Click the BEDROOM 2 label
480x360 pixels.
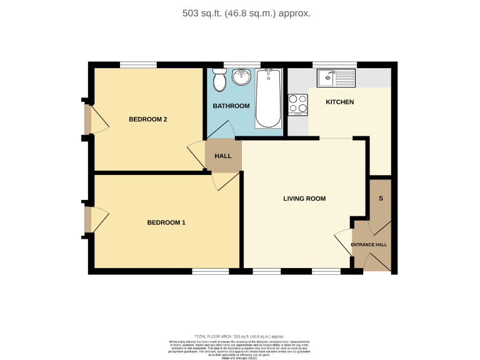[148, 119]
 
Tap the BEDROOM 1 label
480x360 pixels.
[166, 222]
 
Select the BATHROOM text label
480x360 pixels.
[231, 106]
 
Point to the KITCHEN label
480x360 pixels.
[340, 102]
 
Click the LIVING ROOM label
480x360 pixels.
[304, 199]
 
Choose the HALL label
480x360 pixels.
[223, 156]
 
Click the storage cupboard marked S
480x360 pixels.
[381, 199]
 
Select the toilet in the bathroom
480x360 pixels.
[219, 80]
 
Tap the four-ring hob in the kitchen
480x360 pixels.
[297, 104]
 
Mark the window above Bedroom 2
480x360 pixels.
[138, 64]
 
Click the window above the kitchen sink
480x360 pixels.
[334, 64]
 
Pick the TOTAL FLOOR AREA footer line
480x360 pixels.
[240, 336]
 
